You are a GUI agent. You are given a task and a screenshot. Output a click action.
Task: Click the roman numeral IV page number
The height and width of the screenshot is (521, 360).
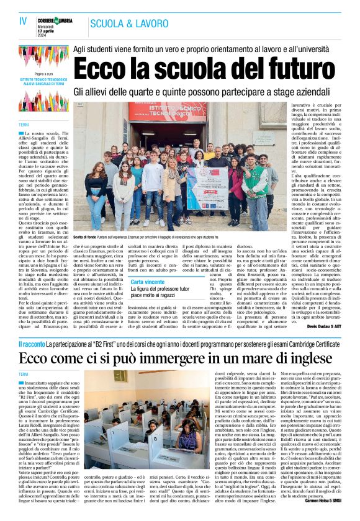(x=24, y=22)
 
